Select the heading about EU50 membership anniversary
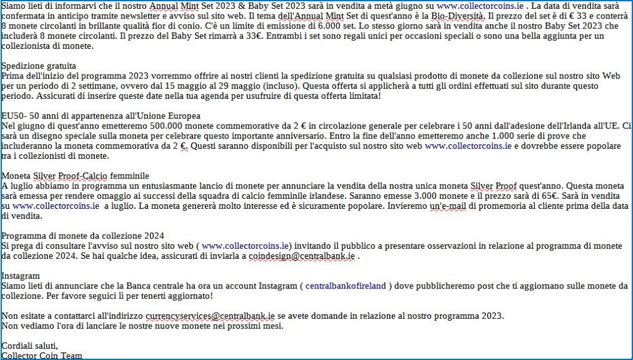click(x=101, y=116)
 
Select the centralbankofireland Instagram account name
click(x=346, y=286)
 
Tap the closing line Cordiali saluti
click(x=29, y=346)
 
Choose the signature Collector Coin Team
click(x=42, y=356)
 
